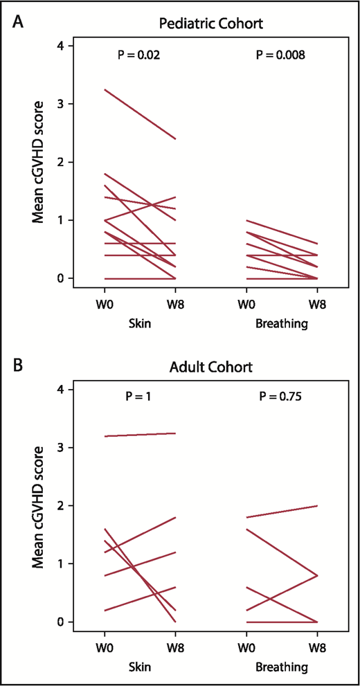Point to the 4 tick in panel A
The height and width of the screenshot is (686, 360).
[61, 46]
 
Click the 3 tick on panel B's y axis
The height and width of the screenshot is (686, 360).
[61, 448]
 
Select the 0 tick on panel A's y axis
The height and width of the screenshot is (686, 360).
[61, 278]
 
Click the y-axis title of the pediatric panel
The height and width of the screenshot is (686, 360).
[34, 162]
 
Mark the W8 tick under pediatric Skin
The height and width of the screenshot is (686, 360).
[174, 305]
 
